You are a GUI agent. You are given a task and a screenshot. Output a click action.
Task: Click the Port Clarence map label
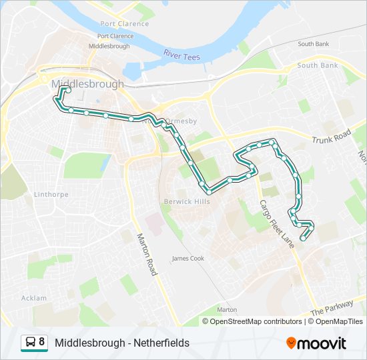tap(115, 36)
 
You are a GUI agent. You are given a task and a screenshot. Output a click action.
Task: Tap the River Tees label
tap(181, 55)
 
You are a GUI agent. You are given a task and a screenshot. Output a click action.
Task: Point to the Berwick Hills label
tap(187, 201)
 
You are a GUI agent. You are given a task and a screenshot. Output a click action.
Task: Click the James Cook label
tap(188, 258)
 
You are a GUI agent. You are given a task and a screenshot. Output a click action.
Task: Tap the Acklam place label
tap(34, 298)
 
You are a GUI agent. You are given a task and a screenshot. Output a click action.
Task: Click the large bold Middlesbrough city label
tap(87, 85)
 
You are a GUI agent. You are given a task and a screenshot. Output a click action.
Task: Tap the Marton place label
tap(227, 310)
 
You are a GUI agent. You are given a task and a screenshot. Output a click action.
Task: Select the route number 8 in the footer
tap(42, 343)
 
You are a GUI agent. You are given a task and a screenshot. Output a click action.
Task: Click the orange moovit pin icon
tap(292, 343)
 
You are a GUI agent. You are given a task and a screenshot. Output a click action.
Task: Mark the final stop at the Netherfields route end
tap(303, 238)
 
